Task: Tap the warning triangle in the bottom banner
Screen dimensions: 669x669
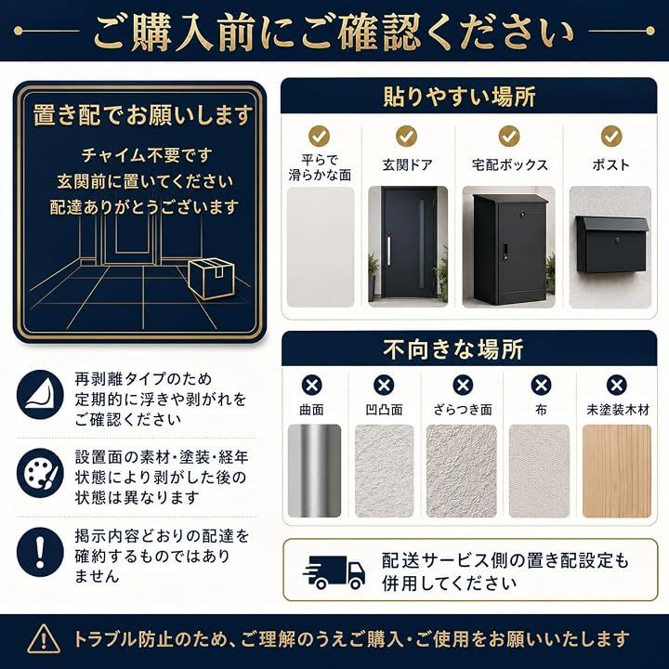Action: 44,638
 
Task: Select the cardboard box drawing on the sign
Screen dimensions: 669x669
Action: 212,278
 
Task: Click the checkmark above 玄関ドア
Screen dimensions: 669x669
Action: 406,136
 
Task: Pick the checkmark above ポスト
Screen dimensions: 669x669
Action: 611,136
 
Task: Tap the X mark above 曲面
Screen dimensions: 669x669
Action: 312,386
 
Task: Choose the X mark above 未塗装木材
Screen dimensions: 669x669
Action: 617,386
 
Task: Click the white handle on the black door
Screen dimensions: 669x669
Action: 388,251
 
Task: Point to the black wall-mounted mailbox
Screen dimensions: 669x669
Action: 611,244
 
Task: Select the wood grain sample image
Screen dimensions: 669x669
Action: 617,471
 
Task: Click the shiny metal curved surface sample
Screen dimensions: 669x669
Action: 314,471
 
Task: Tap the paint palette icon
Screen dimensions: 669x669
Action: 40,473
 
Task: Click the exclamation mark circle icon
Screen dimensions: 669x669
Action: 40,552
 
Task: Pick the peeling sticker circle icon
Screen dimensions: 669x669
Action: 40,395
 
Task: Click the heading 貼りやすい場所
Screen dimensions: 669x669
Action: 460,96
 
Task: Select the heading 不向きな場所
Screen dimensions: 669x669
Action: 453,349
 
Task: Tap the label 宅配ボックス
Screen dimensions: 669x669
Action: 510,164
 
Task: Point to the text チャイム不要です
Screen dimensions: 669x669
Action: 147,155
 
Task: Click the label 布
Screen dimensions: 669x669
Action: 541,410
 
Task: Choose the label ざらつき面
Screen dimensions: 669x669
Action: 463,410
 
